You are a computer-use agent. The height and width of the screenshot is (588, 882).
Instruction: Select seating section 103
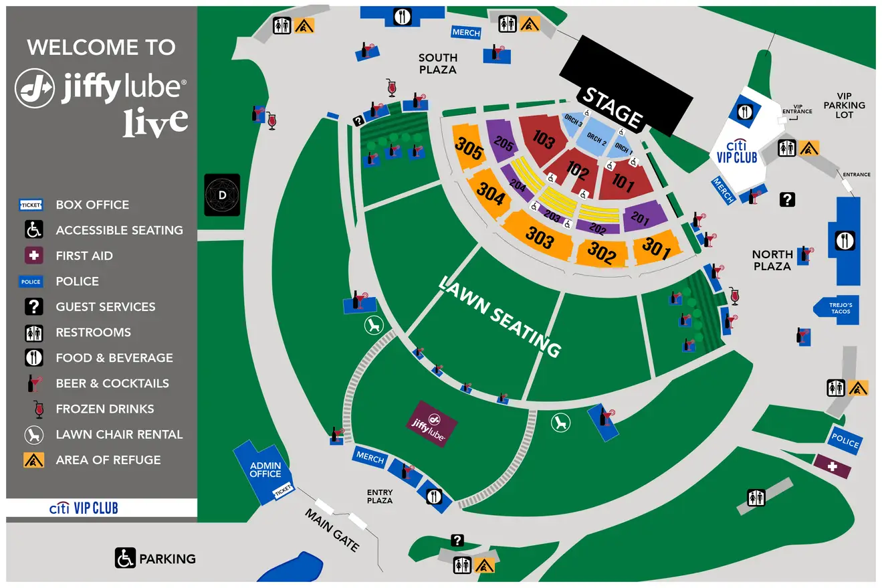[x=543, y=139]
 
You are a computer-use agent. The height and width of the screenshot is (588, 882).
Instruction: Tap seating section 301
[x=656, y=249]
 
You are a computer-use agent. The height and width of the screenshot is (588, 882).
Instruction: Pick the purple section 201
[x=645, y=216]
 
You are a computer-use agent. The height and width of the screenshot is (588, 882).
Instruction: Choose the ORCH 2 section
[x=596, y=141]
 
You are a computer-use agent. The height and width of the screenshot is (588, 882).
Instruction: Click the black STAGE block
[x=625, y=84]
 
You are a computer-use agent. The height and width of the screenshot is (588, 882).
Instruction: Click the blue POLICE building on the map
[x=845, y=442]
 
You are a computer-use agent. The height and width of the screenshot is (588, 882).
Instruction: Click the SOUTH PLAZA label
[x=437, y=64]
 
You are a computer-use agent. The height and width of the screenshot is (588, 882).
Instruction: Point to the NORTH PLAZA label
[x=772, y=260]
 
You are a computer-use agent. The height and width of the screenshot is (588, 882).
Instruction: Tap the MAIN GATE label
[x=332, y=530]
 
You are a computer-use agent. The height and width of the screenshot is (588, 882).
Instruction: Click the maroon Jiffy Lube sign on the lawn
[x=433, y=423]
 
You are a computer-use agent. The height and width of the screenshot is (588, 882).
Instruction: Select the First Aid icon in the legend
[x=33, y=256]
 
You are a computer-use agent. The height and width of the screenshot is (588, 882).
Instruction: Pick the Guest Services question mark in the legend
[x=33, y=306]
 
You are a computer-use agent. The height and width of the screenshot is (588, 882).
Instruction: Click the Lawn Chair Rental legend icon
[x=33, y=434]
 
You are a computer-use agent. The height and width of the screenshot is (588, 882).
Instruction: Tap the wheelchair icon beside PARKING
[x=125, y=558]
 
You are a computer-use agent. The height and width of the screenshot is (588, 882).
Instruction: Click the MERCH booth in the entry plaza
[x=370, y=458]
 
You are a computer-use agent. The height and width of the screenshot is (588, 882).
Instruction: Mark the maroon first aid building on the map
[x=833, y=466]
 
